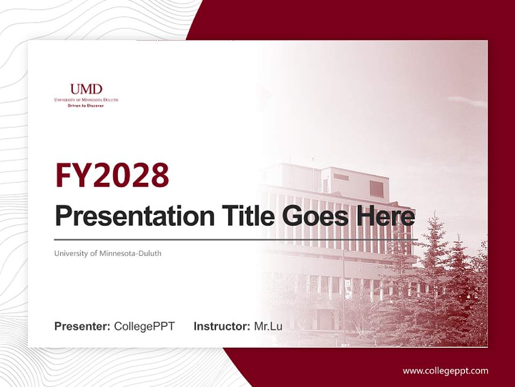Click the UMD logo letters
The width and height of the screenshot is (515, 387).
[x=86, y=89]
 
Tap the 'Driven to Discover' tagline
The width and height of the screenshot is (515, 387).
[x=86, y=106]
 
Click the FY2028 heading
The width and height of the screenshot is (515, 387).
[x=112, y=176]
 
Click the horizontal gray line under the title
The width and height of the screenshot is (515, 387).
[x=236, y=239]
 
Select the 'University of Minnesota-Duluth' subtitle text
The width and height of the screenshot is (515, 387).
[x=108, y=253]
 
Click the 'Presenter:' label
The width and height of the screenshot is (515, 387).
[x=82, y=326]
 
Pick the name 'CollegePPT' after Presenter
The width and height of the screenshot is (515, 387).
[x=144, y=326]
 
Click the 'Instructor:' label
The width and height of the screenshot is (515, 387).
[x=222, y=326]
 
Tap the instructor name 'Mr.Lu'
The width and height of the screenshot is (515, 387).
[x=268, y=326]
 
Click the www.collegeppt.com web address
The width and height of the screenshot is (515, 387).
[x=445, y=370]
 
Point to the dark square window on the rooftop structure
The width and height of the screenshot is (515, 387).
[x=377, y=189]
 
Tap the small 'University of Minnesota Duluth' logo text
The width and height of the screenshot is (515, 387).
[x=86, y=100]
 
